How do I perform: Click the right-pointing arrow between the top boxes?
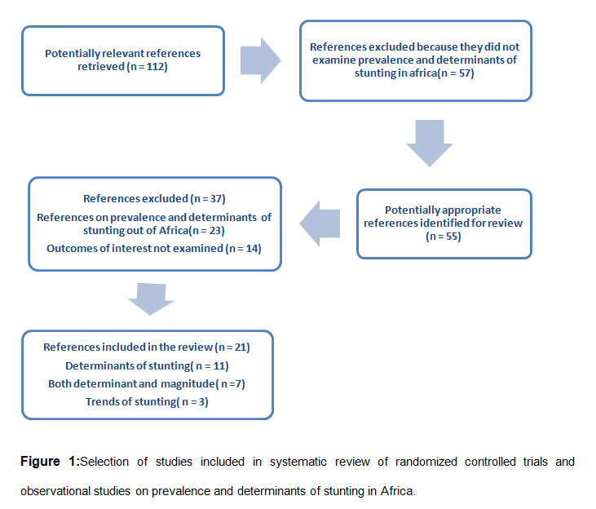[260, 60]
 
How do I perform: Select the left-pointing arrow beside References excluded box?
[320, 224]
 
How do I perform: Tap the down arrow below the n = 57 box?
[430, 143]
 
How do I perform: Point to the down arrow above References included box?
[151, 299]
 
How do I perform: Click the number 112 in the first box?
[156, 67]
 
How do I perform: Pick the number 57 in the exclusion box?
[465, 73]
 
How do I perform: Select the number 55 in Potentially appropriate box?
[453, 237]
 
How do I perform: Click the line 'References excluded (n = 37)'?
[154, 198]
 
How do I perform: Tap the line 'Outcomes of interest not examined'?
[154, 249]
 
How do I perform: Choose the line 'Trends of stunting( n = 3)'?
[147, 401]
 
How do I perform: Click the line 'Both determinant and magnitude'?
[147, 383]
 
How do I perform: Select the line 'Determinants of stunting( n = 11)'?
[147, 365]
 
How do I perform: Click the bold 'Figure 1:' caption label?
[51, 462]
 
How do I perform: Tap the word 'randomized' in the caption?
[426, 462]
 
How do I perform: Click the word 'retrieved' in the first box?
[101, 67]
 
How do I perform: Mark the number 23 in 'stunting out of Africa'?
[215, 231]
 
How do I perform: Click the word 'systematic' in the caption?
[298, 462]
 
